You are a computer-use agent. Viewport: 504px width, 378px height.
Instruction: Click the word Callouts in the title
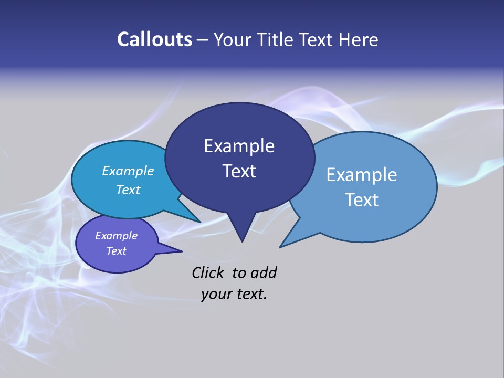154,39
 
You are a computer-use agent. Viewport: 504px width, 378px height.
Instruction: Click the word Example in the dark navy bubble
239,146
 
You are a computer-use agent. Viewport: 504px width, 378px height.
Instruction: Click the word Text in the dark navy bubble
239,171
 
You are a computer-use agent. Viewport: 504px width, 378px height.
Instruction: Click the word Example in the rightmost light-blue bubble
361,175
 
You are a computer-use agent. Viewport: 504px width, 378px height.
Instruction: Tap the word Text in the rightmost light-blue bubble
361,200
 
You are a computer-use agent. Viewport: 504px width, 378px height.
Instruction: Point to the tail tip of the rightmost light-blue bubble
281,246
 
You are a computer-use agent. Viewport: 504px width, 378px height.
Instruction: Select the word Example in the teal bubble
128,171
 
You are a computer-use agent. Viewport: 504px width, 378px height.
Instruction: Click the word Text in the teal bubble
128,190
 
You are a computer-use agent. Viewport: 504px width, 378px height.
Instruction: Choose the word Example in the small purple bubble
116,236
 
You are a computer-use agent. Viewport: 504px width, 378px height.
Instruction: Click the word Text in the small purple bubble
116,251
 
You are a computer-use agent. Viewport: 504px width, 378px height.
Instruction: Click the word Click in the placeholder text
207,272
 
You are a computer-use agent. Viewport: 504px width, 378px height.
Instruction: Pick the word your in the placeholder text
216,294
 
